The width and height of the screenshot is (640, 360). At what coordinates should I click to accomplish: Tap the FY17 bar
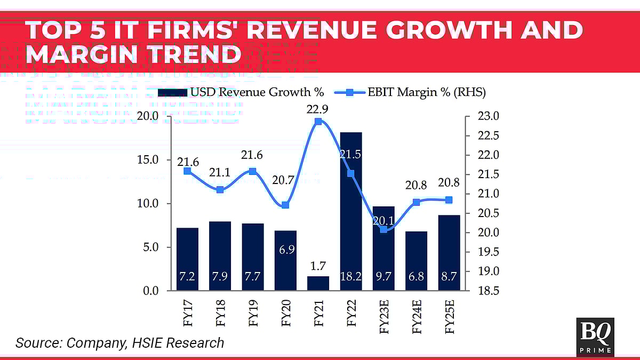click(x=187, y=259)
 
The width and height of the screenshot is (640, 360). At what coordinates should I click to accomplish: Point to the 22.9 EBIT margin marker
click(x=318, y=122)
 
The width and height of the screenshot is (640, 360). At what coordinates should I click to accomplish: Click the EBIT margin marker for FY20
click(x=285, y=205)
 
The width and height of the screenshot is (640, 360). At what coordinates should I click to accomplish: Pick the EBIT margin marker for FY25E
click(x=449, y=200)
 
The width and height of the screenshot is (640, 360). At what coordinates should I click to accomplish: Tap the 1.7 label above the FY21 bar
click(x=318, y=265)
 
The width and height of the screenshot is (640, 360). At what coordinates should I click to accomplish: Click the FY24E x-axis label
click(x=417, y=318)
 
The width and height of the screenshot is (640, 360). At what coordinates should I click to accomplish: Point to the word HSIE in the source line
click(x=146, y=342)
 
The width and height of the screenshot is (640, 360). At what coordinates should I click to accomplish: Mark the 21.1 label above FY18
click(x=220, y=172)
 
